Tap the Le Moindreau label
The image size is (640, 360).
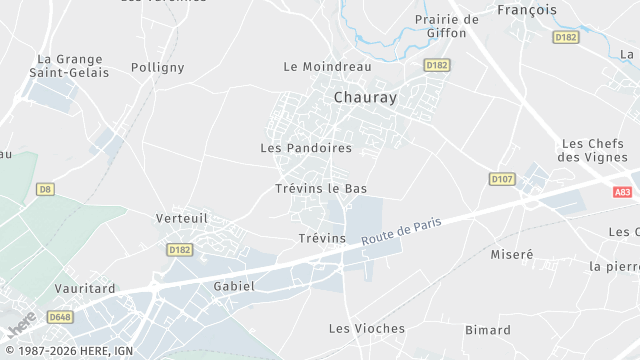click(327, 67)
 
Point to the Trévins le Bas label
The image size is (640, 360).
click(321, 188)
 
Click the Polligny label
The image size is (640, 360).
click(158, 68)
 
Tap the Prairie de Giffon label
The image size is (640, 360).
click(446, 26)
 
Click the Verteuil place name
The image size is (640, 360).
click(181, 217)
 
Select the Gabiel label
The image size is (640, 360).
click(234, 286)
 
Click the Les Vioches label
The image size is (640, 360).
click(367, 328)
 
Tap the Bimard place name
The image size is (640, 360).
click(487, 330)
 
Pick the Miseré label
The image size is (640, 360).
click(512, 255)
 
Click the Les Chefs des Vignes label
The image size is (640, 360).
click(592, 150)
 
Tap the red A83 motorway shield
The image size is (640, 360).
click(623, 192)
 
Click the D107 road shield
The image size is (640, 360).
click(501, 179)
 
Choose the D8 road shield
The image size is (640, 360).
click(44, 188)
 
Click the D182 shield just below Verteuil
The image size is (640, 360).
click(180, 250)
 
